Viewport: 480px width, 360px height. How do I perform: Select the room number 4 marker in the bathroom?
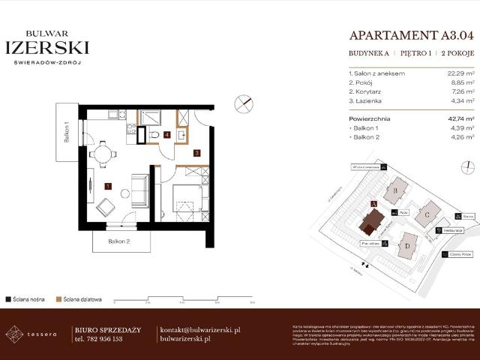pyautogui.click(x=167, y=135)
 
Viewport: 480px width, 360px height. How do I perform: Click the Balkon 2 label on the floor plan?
pyautogui.click(x=118, y=241)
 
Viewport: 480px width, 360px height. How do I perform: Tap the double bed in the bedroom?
pyautogui.click(x=184, y=199)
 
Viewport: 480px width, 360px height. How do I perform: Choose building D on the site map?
pyautogui.click(x=407, y=244)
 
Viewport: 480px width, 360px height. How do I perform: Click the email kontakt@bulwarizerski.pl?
pyautogui.click(x=200, y=330)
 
